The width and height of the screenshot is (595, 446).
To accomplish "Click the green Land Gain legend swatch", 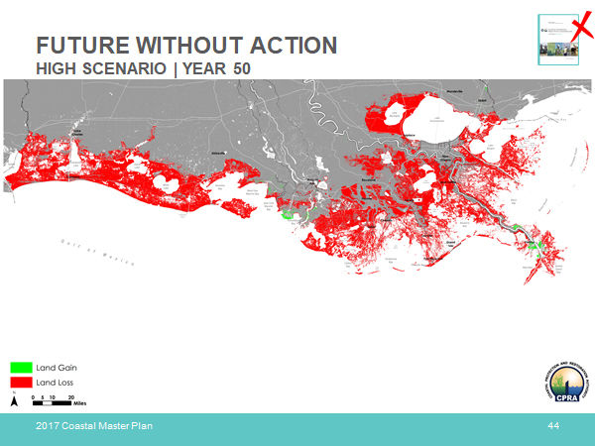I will tap(22, 368).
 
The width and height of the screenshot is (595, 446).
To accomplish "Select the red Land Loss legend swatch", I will tap(22, 382).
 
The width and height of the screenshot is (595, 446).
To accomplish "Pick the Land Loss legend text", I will tap(56, 382).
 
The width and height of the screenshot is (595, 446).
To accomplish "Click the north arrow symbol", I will tap(14, 400).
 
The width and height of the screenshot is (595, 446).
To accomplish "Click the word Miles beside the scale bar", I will tap(80, 404).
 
